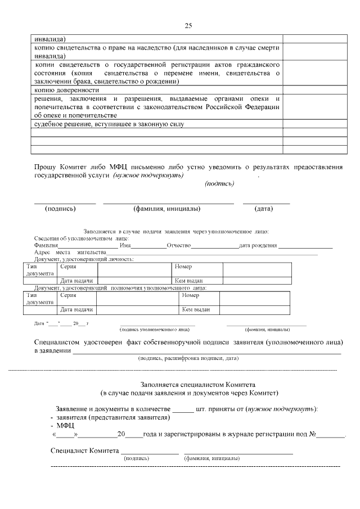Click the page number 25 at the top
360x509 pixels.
pyautogui.click(x=188, y=26)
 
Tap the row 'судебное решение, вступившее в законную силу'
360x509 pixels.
pyautogui.click(x=109, y=124)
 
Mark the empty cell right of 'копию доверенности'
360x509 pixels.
pyautogui.click(x=314, y=90)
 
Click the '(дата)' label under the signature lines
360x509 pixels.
pyautogui.click(x=263, y=209)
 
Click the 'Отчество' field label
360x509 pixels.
pyautogui.click(x=179, y=246)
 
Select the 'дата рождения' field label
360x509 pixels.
pyautogui.click(x=258, y=246)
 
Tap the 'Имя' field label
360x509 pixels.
pyautogui.click(x=125, y=246)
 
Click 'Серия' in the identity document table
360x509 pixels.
pyautogui.click(x=68, y=267)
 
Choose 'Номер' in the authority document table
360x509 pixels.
pyautogui.click(x=191, y=295)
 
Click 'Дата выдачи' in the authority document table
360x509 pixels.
pyautogui.click(x=76, y=309)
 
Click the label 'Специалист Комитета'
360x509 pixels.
pyautogui.click(x=84, y=451)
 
